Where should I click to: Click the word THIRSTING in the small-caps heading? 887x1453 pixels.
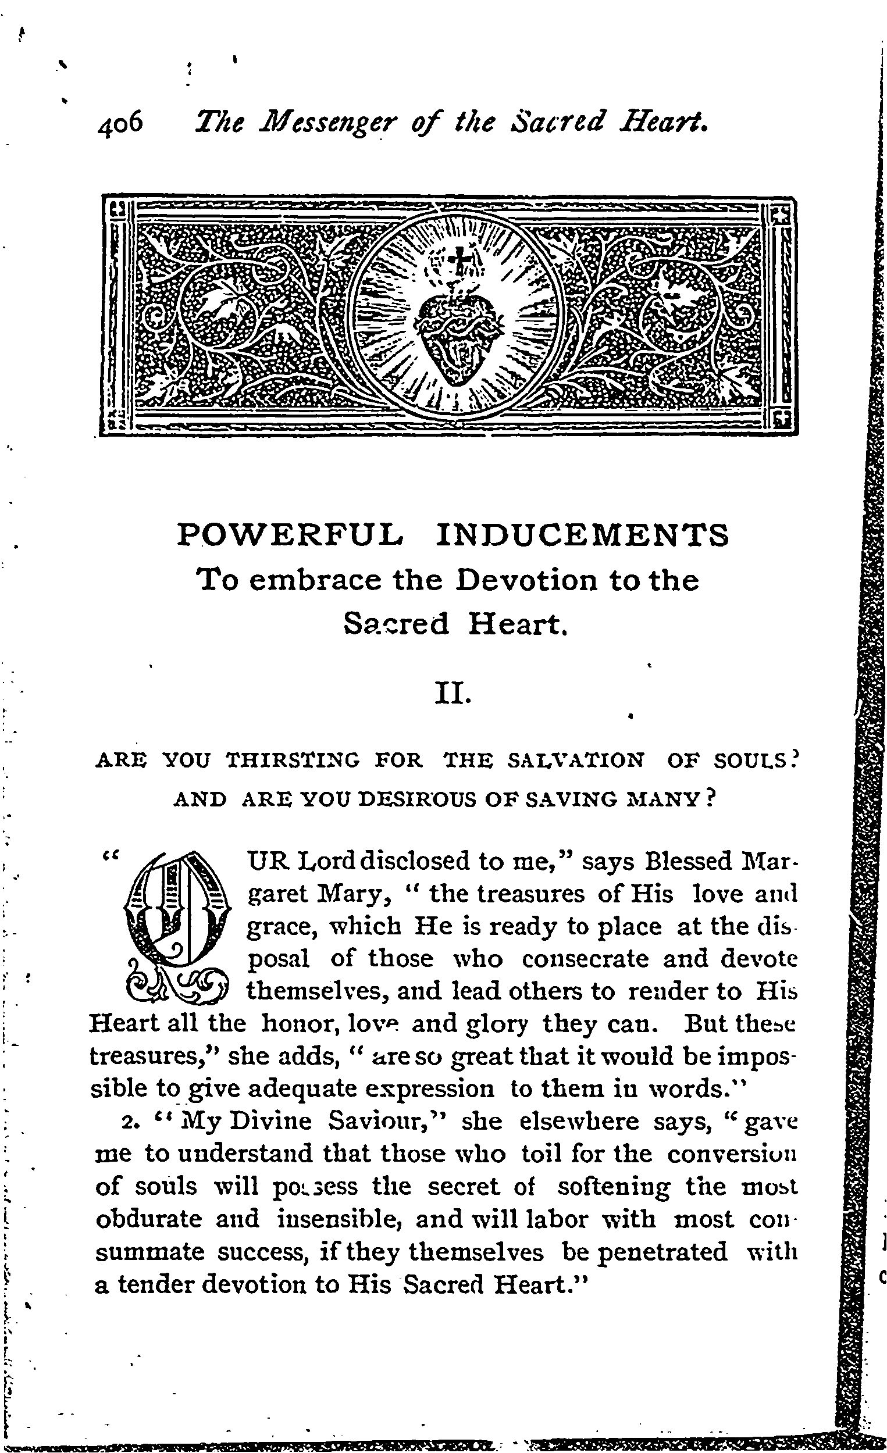pos(293,761)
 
